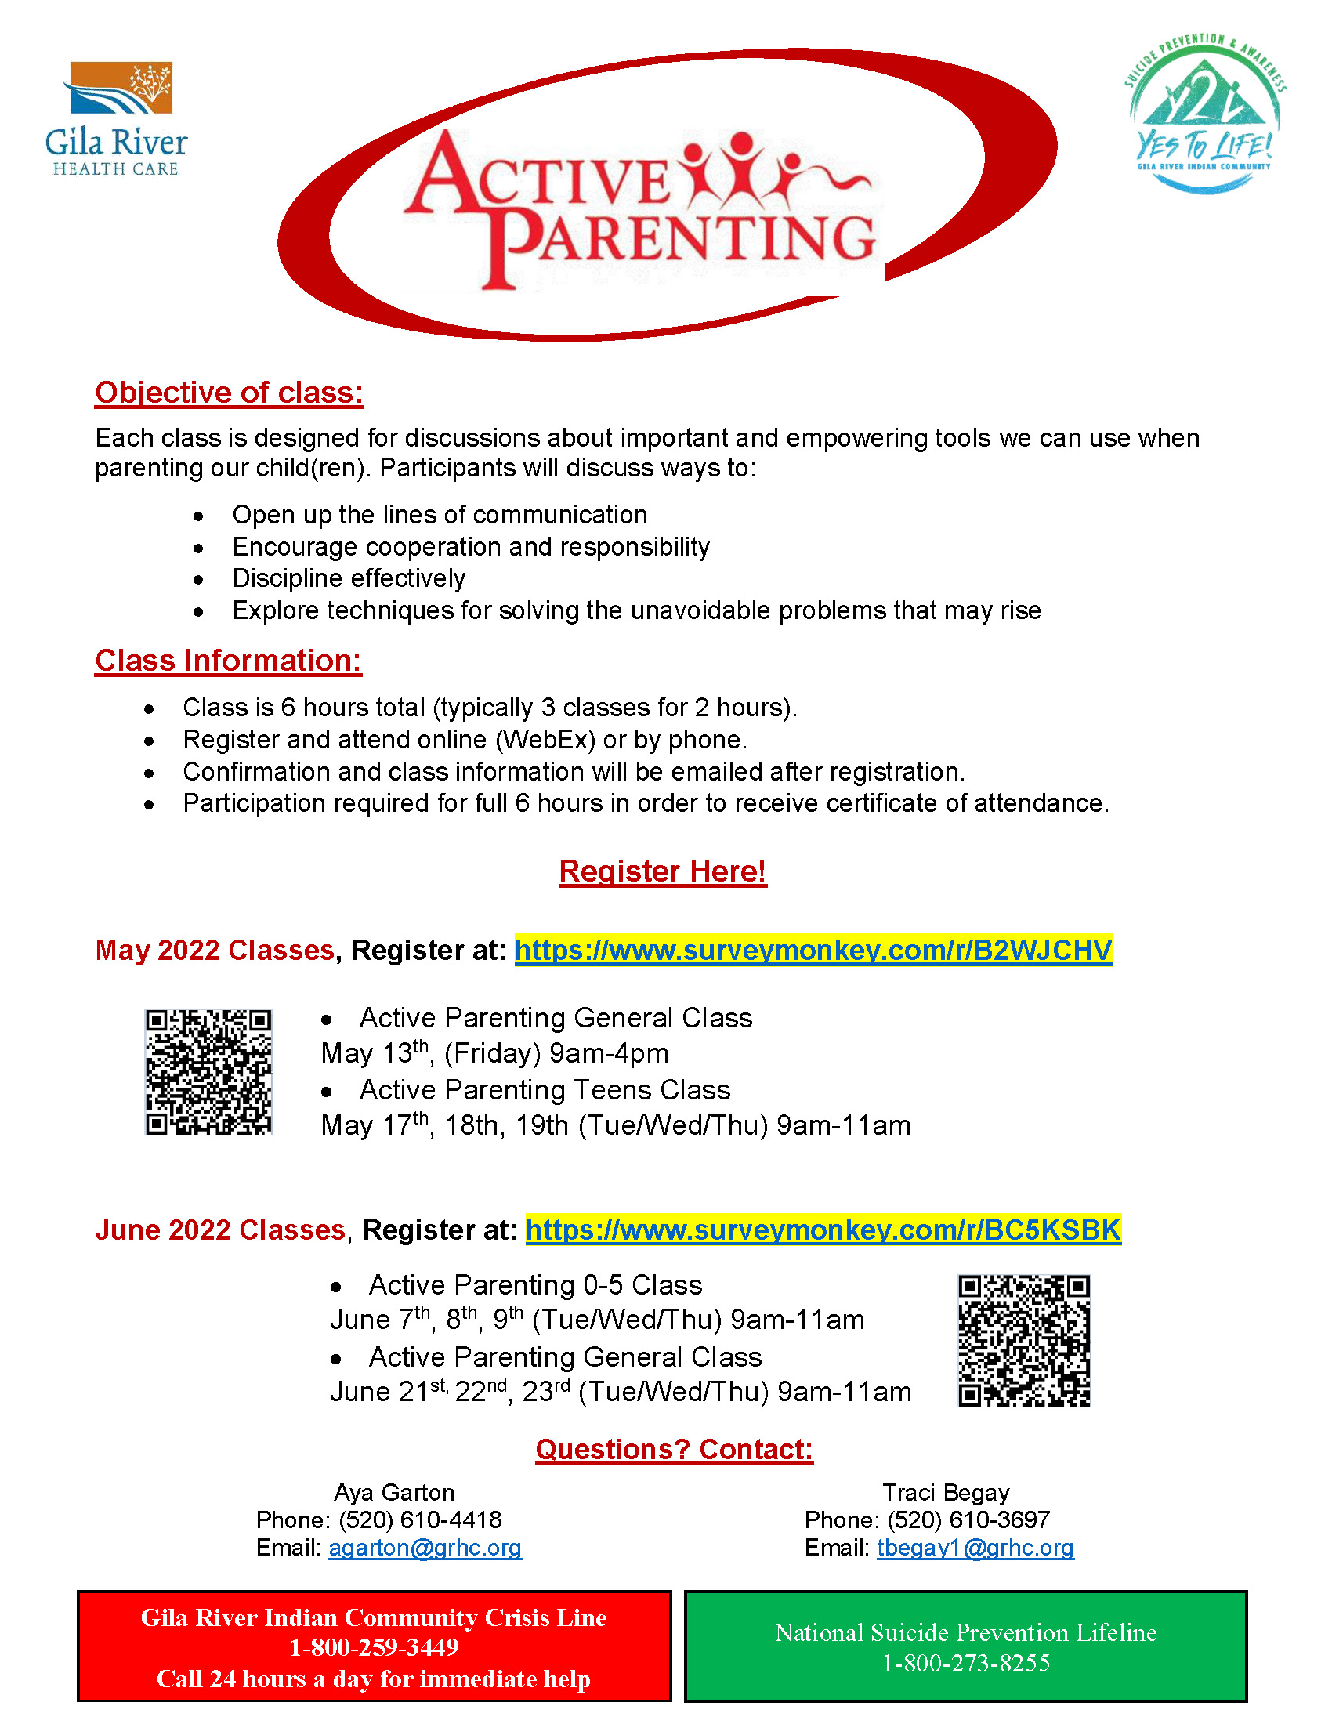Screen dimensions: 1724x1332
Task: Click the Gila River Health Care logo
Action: [x=116, y=118]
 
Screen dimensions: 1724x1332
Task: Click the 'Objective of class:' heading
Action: [x=229, y=393]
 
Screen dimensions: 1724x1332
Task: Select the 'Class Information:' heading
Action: [x=228, y=661]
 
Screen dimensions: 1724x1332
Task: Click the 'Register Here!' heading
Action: [x=662, y=871]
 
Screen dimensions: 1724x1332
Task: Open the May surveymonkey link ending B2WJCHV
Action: [x=813, y=950]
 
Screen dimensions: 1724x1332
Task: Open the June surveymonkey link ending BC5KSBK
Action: [x=823, y=1230]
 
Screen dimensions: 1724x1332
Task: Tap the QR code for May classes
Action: [x=208, y=1072]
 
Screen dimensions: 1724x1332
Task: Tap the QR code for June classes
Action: [x=1023, y=1340]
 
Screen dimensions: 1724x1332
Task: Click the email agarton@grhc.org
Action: [x=425, y=1548]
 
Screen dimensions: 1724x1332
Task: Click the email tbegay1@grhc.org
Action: [x=975, y=1548]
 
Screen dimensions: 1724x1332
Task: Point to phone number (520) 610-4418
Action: [x=420, y=1519]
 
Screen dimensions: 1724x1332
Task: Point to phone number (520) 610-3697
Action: [x=968, y=1519]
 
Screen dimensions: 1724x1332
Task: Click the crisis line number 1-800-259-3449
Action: [x=374, y=1647]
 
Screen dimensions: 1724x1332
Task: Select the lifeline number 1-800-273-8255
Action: [x=966, y=1663]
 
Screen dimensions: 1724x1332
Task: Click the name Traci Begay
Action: [x=946, y=1492]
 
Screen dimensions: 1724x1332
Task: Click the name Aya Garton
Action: [x=394, y=1492]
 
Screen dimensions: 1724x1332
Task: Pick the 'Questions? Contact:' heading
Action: [x=674, y=1449]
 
